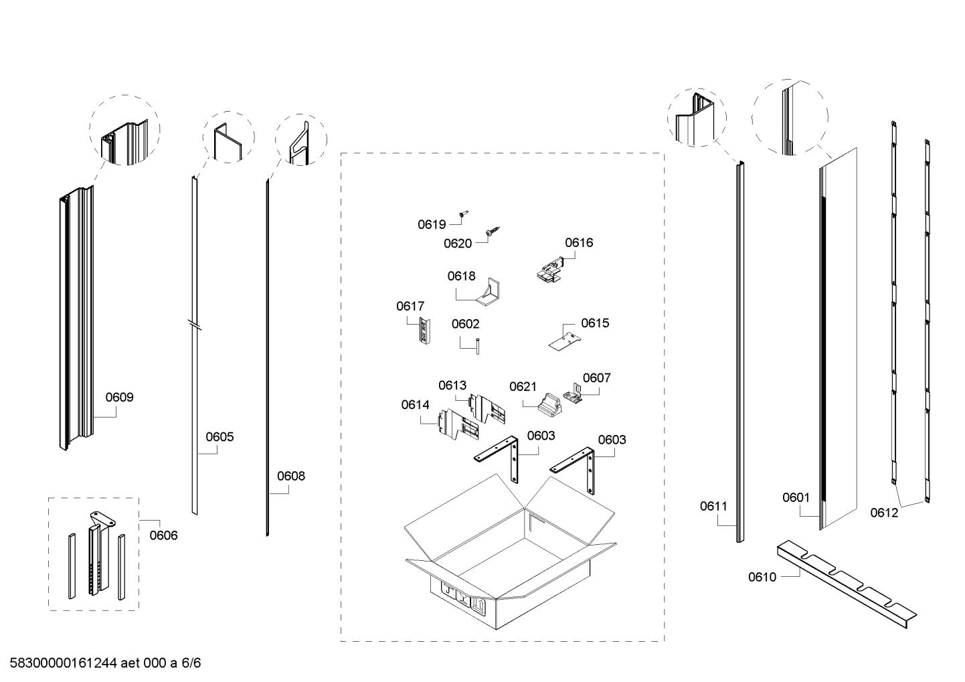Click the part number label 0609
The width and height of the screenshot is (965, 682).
tap(119, 397)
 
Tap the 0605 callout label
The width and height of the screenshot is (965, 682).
tap(220, 437)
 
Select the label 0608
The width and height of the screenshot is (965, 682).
tap(290, 476)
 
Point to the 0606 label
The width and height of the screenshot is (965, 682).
tap(163, 535)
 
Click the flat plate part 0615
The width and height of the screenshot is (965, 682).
tap(563, 339)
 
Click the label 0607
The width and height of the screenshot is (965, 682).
tap(596, 377)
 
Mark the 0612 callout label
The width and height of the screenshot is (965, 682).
tap(884, 513)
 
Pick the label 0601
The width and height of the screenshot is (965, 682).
tap(796, 497)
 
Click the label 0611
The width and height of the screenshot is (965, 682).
tap(713, 506)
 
